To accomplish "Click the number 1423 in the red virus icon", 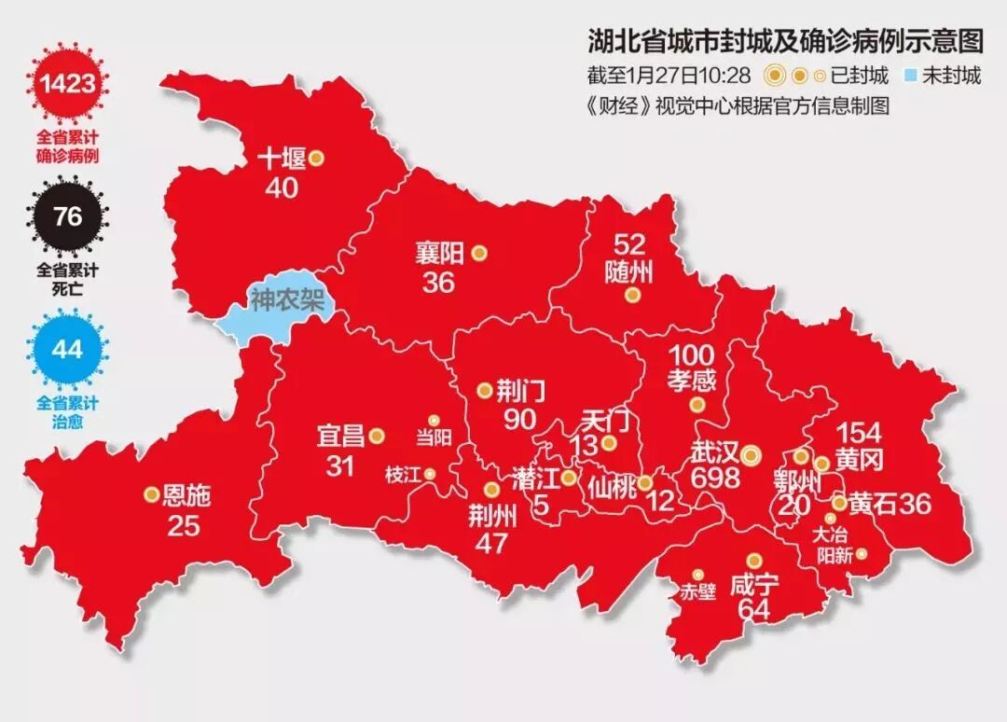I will (x=67, y=85).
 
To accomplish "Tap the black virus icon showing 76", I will (x=67, y=217).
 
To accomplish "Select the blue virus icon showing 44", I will (x=67, y=350).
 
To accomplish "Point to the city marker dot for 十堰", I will (x=316, y=159).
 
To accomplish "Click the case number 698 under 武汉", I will (x=715, y=479).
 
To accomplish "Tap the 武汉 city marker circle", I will (x=752, y=454).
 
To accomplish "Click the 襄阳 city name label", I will (x=438, y=253).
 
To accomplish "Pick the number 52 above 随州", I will (x=629, y=244).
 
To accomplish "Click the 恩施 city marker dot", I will (x=151, y=495).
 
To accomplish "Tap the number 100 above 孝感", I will (x=691, y=355).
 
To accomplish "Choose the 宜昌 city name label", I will (x=339, y=436).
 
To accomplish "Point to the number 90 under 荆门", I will (x=520, y=420).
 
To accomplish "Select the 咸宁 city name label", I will (x=754, y=585).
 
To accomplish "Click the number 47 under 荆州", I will (x=490, y=542).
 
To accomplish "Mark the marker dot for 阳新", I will (x=862, y=553).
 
